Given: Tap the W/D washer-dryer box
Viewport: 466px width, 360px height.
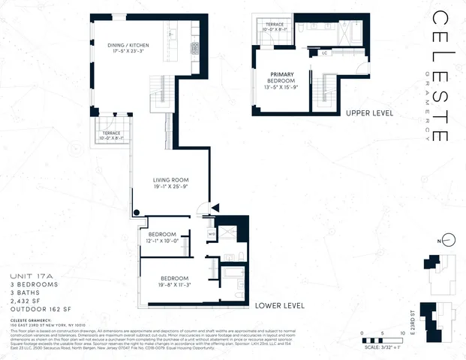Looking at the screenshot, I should coord(212,233).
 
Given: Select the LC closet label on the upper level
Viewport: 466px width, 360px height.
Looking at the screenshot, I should coord(325,53).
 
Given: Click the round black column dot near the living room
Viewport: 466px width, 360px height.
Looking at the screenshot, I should coord(137,212).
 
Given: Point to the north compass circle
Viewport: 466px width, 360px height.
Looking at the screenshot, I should coord(447,240).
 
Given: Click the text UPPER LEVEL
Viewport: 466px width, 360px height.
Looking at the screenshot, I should coord(369,113).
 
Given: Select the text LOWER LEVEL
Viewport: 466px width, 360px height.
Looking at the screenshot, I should coord(278,306).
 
